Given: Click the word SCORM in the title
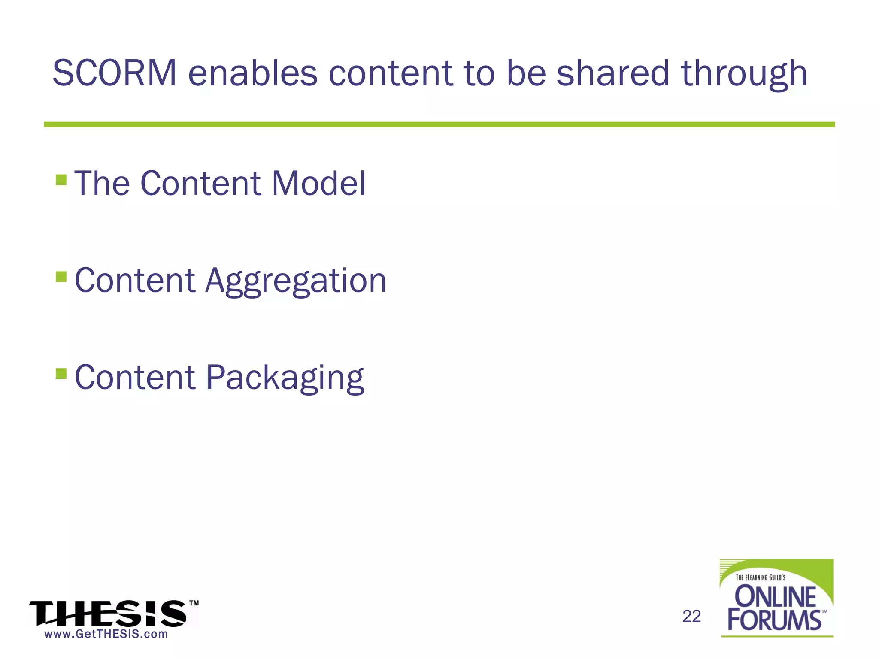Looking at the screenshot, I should click(x=114, y=73).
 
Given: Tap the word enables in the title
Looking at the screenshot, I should click(x=253, y=73).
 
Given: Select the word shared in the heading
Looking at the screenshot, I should click(x=613, y=73).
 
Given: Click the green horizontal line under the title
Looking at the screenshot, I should click(x=439, y=124).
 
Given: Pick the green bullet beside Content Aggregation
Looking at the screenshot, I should click(x=61, y=276).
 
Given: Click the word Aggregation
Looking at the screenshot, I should click(x=296, y=281).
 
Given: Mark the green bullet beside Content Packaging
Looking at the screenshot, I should click(x=61, y=373).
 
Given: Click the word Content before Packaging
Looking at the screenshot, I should click(x=135, y=378).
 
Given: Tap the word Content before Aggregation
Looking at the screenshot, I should click(x=135, y=281).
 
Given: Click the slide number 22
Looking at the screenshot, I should click(x=691, y=616).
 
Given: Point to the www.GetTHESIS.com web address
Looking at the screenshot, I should click(x=106, y=634).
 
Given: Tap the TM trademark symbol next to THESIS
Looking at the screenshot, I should click(x=194, y=603).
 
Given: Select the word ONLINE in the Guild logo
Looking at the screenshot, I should click(x=775, y=596).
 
